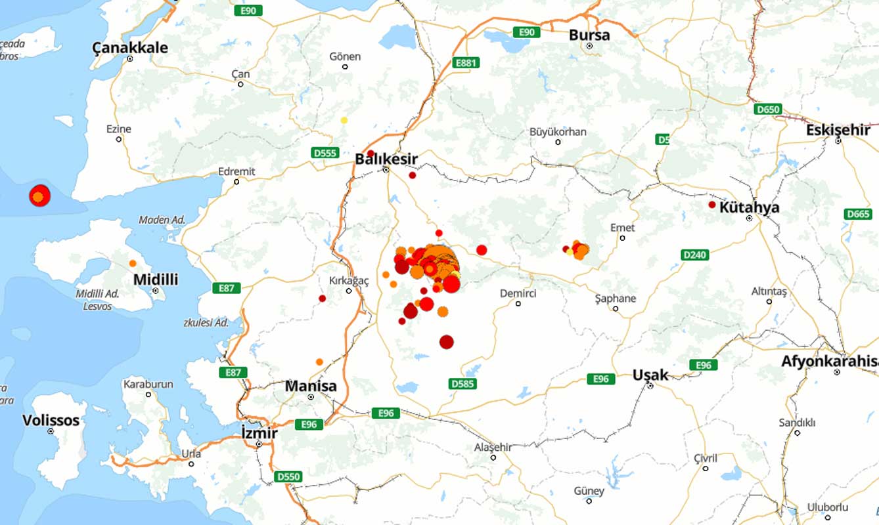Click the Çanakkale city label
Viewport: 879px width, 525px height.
129,47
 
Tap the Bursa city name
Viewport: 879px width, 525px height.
589,35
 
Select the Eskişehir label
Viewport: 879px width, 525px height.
838,130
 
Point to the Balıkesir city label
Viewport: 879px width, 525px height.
386,159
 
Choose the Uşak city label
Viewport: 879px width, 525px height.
650,375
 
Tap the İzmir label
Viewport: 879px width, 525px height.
259,433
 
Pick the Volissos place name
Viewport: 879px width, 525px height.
51,420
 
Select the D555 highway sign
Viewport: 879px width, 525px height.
325,153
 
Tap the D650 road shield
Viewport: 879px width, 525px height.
767,109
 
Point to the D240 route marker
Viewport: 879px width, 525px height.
695,255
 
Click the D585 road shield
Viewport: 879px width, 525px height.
462,383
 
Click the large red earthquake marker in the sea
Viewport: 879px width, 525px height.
39,196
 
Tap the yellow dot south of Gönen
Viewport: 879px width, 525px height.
344,120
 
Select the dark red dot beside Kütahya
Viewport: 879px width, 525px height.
711,205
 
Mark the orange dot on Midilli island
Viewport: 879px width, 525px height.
133,263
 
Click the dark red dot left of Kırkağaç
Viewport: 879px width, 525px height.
322,299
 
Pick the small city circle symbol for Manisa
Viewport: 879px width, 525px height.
311,397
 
